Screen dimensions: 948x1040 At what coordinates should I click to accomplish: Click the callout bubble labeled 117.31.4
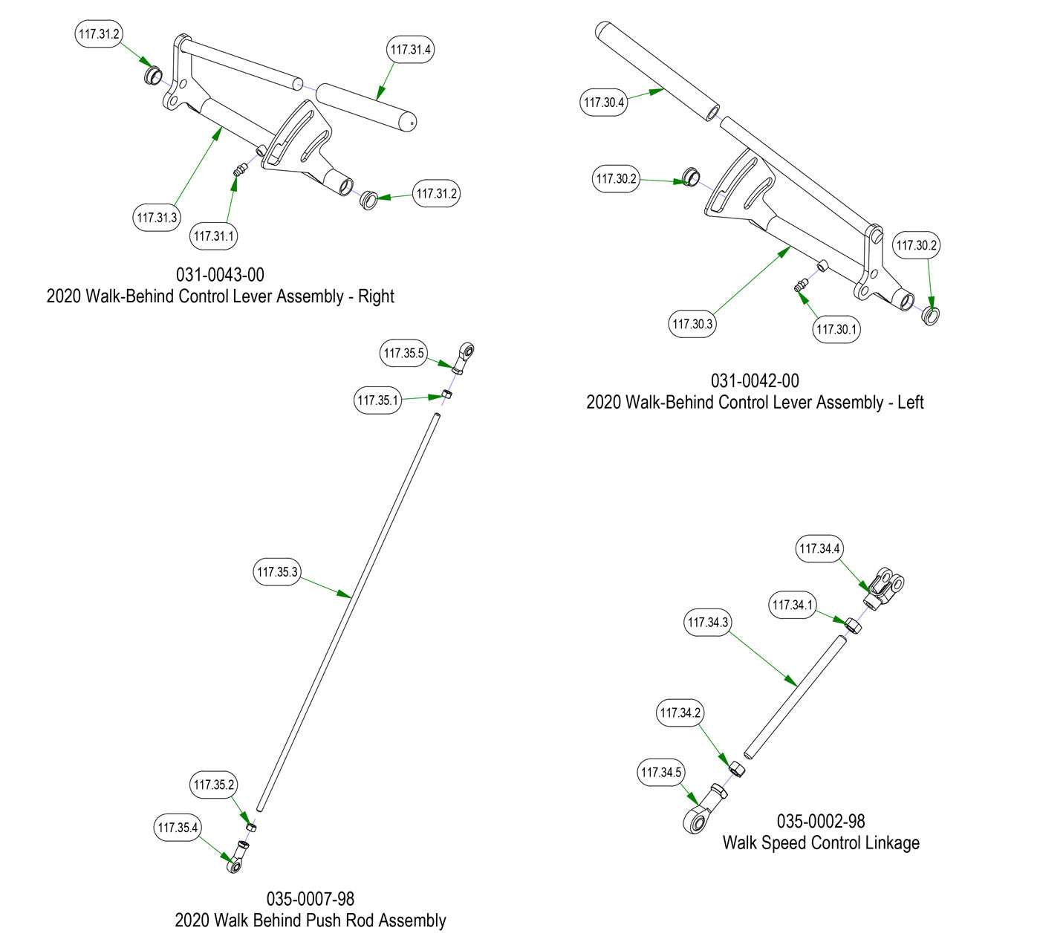[x=411, y=50]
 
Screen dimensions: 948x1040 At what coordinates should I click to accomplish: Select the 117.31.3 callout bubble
[x=157, y=218]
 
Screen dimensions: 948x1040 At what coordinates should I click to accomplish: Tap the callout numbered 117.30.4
[x=604, y=103]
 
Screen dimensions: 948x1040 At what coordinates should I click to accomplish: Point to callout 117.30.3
[x=692, y=324]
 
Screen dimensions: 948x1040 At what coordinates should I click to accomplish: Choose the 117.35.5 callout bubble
[x=404, y=354]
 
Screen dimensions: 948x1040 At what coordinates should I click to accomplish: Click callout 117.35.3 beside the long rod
[x=277, y=572]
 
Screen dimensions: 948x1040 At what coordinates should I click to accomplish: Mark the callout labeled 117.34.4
[x=820, y=549]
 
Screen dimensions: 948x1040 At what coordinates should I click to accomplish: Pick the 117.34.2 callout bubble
[x=680, y=713]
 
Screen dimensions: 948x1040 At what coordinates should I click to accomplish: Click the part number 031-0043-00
[x=220, y=275]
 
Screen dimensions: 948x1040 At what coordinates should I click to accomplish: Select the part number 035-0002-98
[x=821, y=821]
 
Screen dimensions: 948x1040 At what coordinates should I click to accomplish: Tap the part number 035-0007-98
[x=311, y=899]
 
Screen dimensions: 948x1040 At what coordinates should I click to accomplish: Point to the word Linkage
[x=891, y=843]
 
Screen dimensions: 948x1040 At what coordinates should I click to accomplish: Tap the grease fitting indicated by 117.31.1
[x=239, y=172]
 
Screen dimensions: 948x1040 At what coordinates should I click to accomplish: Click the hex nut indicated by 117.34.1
[x=854, y=625]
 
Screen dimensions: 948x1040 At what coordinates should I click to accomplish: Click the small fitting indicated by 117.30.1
[x=800, y=286]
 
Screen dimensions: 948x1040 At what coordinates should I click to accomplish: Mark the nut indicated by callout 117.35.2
[x=251, y=826]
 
